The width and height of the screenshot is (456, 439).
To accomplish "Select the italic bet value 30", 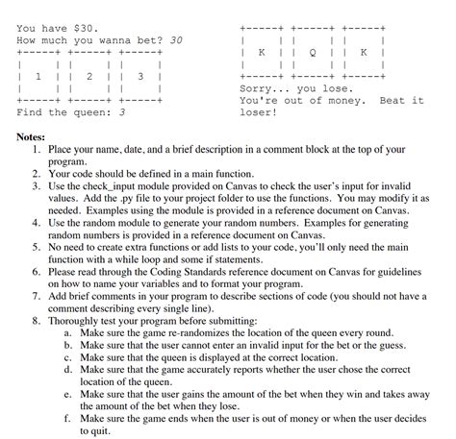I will click(176, 42).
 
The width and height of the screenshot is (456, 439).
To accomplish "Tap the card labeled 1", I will click(38, 75).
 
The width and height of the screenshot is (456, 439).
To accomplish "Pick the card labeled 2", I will click(89, 75).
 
